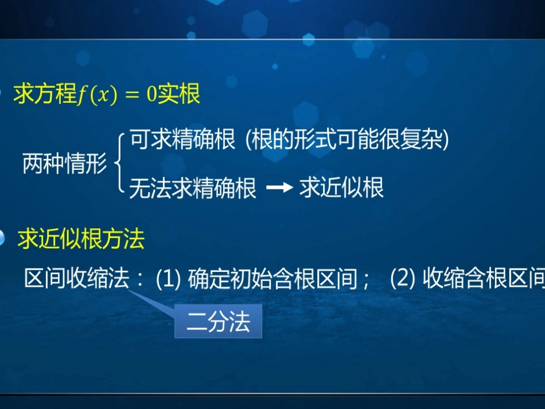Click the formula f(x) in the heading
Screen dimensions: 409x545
tap(96, 95)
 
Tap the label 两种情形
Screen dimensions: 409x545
tap(64, 165)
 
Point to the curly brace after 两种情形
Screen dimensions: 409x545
tap(119, 164)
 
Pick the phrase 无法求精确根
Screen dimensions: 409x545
tap(193, 188)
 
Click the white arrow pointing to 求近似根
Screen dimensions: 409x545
tap(279, 188)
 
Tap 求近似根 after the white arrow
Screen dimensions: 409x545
tap(341, 188)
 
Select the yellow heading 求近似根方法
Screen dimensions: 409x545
tap(81, 239)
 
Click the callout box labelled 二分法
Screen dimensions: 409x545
tap(219, 321)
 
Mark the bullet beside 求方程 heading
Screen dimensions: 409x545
tap(2, 93)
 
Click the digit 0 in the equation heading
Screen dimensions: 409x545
tap(151, 95)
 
